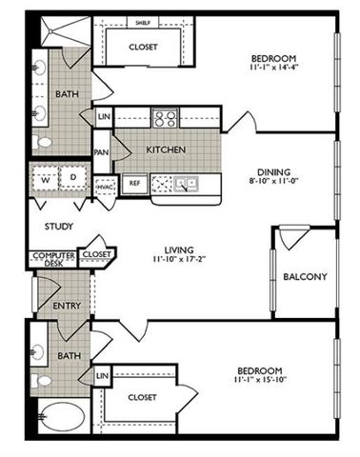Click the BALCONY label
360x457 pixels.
coord(305,277)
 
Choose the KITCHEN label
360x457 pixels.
coord(165,150)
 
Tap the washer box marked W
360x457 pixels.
coord(44,178)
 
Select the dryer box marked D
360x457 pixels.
coord(71,178)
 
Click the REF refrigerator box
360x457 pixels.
coord(134,182)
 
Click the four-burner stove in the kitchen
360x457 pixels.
coord(165,119)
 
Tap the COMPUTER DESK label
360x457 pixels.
coord(52,260)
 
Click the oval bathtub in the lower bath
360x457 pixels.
coord(64,420)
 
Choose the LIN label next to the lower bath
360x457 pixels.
coord(102,378)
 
